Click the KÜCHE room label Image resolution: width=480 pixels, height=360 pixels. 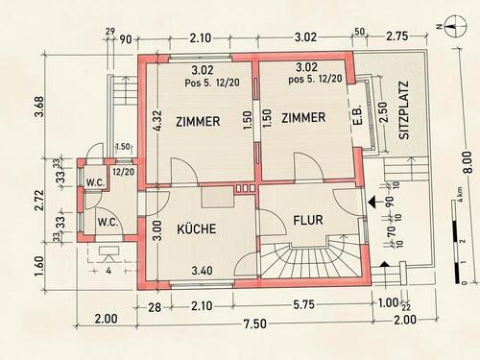pos(197,228)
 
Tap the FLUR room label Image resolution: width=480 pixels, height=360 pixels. pos(308,220)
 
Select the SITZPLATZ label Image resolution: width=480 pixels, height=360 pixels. pos(404,110)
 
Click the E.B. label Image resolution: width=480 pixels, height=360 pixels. pos(358,114)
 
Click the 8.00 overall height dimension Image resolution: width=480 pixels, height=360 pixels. pos(468,162)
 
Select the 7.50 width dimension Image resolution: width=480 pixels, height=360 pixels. pos(254,324)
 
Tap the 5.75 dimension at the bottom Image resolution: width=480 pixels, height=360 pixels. pos(303,304)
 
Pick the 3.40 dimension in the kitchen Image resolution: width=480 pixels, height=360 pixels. pos(202,271)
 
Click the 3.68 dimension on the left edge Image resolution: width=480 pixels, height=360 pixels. pos(39,107)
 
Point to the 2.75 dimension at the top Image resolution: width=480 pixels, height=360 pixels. pos(396,36)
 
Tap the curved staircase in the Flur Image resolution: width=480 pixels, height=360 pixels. pos(313,257)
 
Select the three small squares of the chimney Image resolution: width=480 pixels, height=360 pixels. pos(245,188)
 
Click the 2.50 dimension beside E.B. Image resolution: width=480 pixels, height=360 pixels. pos(383,112)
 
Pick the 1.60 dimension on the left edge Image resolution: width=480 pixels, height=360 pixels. pos(39,267)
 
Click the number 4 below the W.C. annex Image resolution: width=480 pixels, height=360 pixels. pos(108,271)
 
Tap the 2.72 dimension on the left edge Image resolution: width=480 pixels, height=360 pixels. pos(39,200)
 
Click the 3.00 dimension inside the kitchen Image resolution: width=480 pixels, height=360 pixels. pos(158,229)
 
